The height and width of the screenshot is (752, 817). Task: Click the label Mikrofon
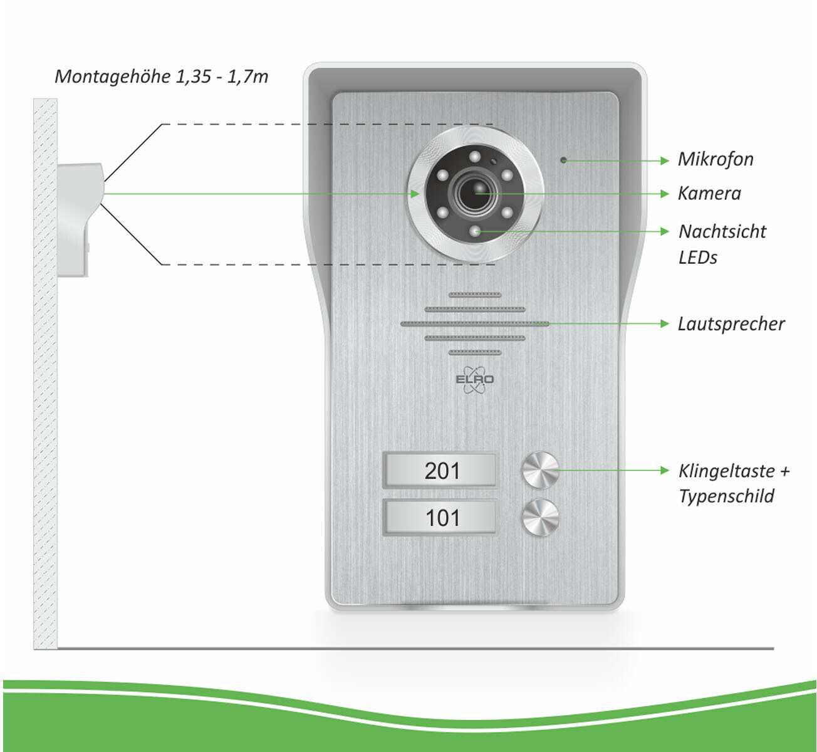[x=715, y=159]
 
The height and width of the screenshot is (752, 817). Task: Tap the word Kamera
[x=709, y=193]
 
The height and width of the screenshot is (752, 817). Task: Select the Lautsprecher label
[x=731, y=324]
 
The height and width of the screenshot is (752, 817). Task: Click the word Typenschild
[x=726, y=496]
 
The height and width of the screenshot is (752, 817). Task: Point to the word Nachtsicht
[x=722, y=231]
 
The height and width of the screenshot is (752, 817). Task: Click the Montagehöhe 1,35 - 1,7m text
[x=161, y=76]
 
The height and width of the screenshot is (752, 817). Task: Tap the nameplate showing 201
[x=440, y=470]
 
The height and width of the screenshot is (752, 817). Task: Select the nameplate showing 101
[x=440, y=517]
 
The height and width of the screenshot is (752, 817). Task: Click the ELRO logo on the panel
[x=474, y=380]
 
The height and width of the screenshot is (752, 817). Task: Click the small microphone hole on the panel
[x=564, y=160]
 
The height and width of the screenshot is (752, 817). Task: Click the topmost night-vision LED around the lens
[x=474, y=157]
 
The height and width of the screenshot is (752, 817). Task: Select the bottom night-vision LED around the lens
[x=474, y=231]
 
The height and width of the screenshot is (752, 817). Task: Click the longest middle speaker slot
[x=475, y=324]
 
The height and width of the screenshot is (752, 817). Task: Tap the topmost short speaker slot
[x=475, y=295]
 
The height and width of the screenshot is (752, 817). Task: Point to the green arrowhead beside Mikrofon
[x=665, y=161]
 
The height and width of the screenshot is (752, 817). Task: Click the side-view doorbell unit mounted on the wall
[x=81, y=219]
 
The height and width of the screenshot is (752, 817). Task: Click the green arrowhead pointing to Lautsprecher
[x=665, y=324]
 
